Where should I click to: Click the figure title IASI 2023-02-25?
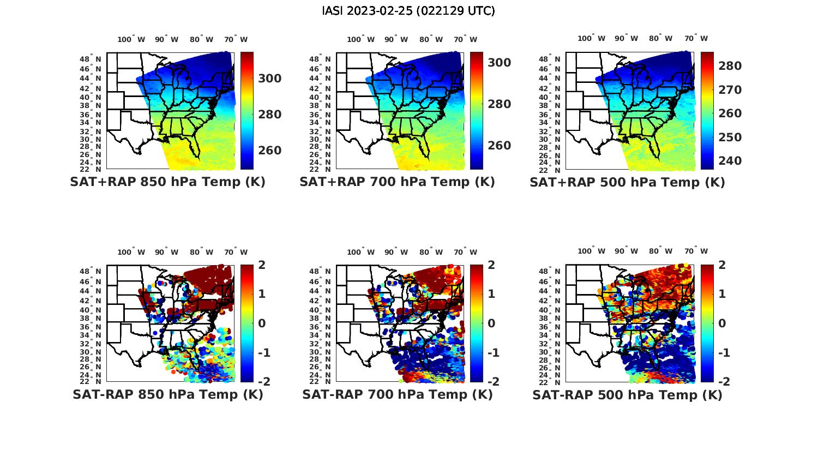[x=408, y=11]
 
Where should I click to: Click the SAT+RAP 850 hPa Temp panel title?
[x=167, y=182]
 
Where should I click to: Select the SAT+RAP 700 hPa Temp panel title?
[x=397, y=182]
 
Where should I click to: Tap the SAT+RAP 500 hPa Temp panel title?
[x=627, y=183]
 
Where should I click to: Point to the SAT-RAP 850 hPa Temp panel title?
[x=167, y=394]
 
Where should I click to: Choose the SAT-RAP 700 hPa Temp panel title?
[x=397, y=394]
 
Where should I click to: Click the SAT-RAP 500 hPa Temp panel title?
[x=627, y=395]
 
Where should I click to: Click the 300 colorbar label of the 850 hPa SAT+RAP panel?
[x=270, y=79]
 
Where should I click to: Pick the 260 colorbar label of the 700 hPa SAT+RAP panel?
[x=500, y=146]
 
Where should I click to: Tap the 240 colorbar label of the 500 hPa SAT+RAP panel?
[x=730, y=161]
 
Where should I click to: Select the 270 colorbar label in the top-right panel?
[x=730, y=90]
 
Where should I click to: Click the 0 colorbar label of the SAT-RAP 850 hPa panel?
[x=262, y=323]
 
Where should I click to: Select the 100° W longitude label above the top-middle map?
[x=360, y=39]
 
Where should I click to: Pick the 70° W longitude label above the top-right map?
[x=695, y=38]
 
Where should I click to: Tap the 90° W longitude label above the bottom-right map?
[x=626, y=251]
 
